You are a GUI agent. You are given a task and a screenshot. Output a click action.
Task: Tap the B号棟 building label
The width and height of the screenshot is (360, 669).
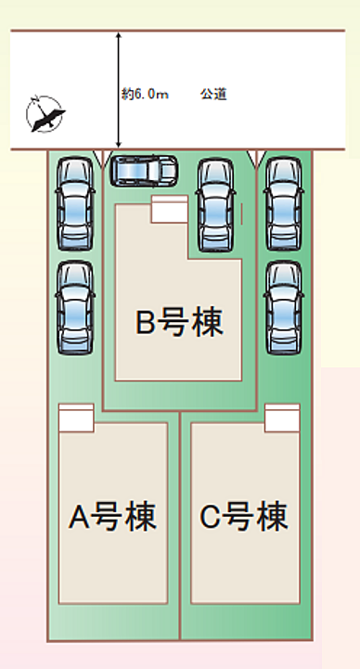point(182,323)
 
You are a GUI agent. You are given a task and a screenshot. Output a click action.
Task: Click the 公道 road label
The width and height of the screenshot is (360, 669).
point(212,94)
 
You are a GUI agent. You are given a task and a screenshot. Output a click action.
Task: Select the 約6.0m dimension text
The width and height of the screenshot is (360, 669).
point(144,94)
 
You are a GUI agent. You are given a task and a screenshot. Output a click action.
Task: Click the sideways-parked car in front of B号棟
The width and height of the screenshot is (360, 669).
point(145,170)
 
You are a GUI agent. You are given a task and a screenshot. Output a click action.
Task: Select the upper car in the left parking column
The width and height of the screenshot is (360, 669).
point(74,204)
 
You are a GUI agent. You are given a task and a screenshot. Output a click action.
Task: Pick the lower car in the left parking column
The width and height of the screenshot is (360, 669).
point(74,306)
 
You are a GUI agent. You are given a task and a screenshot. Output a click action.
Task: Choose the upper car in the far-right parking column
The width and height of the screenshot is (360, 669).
point(282,204)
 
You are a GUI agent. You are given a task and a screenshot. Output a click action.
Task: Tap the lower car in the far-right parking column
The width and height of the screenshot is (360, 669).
point(282,306)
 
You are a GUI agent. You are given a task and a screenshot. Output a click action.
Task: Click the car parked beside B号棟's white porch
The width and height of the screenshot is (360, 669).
point(215,204)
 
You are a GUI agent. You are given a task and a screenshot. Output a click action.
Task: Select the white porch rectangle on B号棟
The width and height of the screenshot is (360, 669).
point(169,210)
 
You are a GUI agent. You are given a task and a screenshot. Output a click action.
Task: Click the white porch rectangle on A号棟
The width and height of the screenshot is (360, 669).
point(76,418)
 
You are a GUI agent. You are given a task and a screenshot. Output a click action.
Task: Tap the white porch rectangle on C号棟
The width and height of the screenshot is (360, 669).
point(282,418)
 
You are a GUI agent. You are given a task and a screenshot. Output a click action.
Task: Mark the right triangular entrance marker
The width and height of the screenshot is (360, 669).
point(257,158)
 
